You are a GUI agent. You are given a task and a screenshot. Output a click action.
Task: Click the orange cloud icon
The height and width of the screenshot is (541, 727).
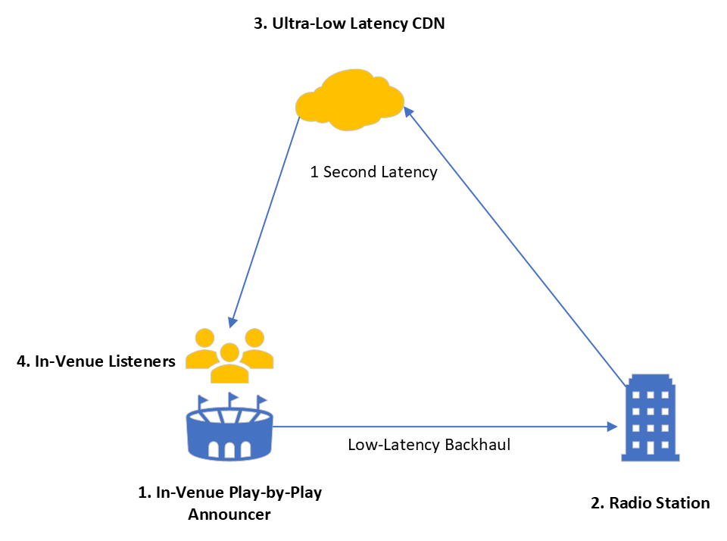(x=350, y=99)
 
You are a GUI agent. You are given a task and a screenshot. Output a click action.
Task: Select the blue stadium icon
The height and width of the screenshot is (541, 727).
(x=229, y=432)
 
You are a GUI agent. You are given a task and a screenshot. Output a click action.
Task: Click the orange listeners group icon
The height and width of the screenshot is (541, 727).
(x=229, y=355)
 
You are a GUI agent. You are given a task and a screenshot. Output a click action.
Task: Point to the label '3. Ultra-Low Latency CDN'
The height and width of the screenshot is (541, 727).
(x=349, y=23)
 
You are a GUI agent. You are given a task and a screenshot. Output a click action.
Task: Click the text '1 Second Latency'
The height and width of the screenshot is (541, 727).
(x=373, y=172)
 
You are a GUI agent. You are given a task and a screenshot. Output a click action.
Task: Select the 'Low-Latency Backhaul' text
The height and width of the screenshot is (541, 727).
(x=429, y=445)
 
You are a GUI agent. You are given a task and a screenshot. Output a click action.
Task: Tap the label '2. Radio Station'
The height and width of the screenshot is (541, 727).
(x=650, y=502)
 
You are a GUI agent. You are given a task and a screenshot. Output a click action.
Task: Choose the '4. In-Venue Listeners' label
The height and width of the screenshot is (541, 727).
(x=95, y=361)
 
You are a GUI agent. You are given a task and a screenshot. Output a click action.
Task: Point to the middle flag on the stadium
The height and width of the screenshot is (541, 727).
(x=232, y=397)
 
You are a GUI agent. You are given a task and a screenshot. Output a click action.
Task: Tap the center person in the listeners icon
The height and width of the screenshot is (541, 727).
(x=229, y=364)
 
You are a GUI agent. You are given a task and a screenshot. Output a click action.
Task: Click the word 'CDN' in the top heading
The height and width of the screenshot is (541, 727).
(x=428, y=23)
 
